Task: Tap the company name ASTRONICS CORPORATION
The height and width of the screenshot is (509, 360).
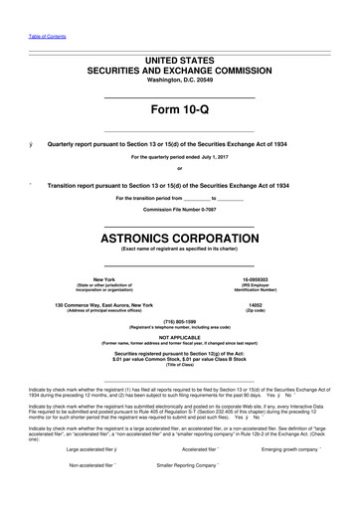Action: point(179,240)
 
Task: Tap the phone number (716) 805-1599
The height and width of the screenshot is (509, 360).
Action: point(179,322)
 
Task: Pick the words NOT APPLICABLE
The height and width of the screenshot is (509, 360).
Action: point(179,338)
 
